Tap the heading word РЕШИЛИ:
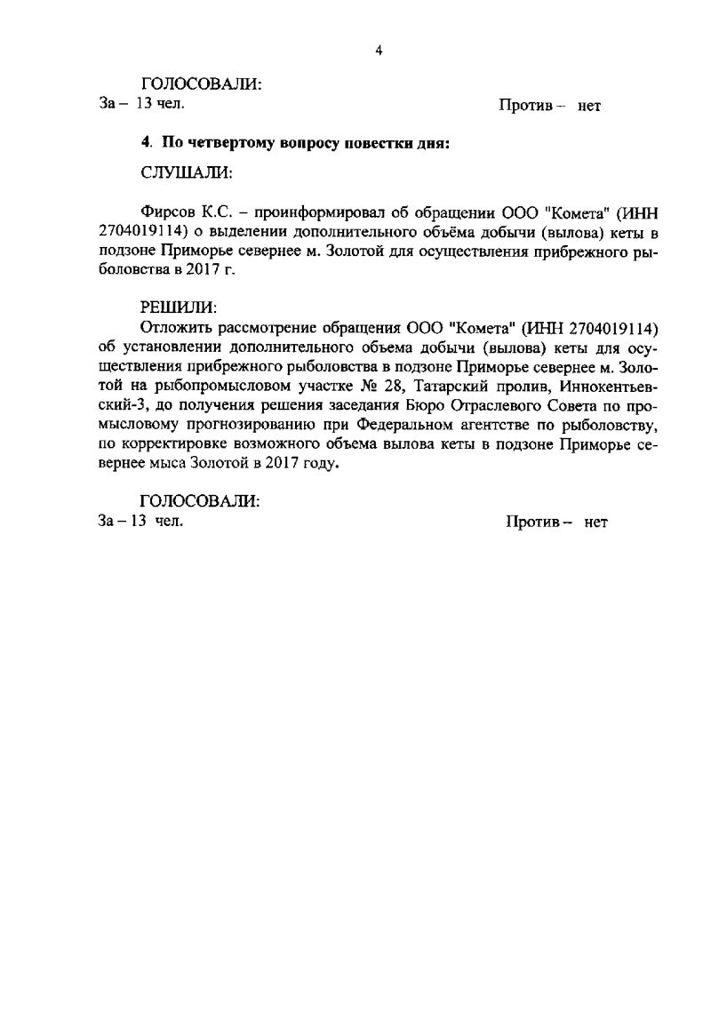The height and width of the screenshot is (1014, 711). click(x=178, y=307)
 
